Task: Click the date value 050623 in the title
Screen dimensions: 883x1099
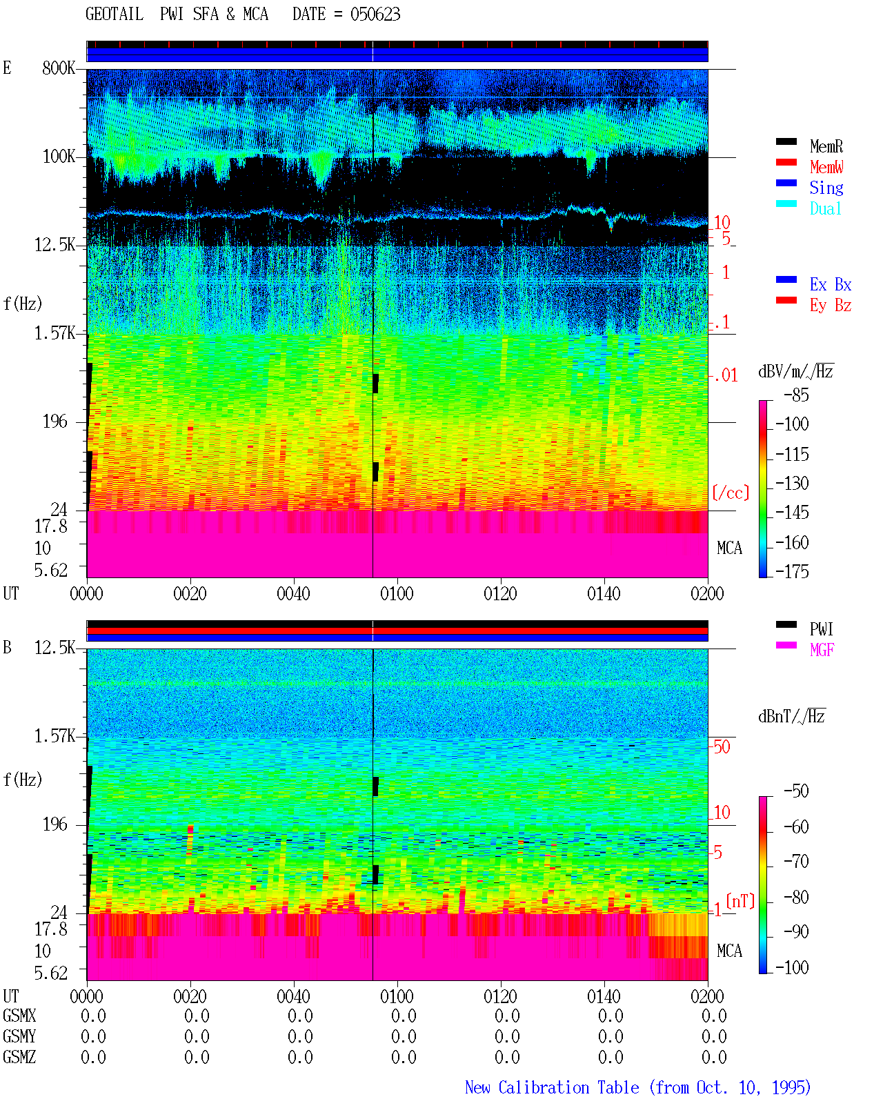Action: pyautogui.click(x=375, y=14)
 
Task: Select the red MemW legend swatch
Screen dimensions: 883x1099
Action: pyautogui.click(x=786, y=162)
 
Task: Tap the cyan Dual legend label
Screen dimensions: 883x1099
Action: pyautogui.click(x=825, y=208)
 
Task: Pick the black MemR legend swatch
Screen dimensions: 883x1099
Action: pyautogui.click(x=786, y=141)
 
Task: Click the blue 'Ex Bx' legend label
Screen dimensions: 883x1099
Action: pyautogui.click(x=830, y=284)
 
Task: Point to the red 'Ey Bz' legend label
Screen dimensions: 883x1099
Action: pyautogui.click(x=830, y=305)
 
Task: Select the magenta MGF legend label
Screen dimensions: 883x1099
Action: pyautogui.click(x=822, y=650)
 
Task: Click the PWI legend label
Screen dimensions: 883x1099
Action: pyautogui.click(x=821, y=628)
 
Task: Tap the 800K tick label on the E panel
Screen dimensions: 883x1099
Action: pyautogui.click(x=59, y=68)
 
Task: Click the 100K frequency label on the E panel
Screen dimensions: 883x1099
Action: pyautogui.click(x=59, y=157)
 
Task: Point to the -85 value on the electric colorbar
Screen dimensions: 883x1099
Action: pyautogui.click(x=796, y=395)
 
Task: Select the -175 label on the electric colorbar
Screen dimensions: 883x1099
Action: pyautogui.click(x=792, y=571)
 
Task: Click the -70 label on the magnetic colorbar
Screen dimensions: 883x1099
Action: pyautogui.click(x=796, y=861)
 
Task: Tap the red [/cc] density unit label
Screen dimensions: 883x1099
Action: pyautogui.click(x=731, y=493)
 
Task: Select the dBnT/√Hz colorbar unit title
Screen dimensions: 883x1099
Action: pyautogui.click(x=791, y=716)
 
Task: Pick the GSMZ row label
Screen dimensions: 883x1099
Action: pyautogui.click(x=19, y=1057)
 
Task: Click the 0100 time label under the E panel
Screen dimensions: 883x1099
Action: pyautogui.click(x=397, y=593)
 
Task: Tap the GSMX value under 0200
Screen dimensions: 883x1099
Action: pyautogui.click(x=714, y=1016)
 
